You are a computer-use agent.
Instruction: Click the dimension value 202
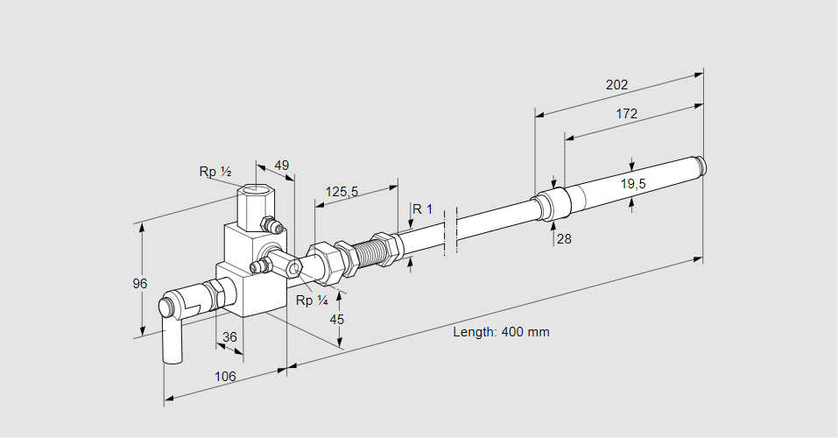pos(616,85)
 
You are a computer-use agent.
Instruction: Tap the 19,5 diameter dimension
pos(633,183)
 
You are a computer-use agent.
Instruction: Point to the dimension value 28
pos(563,238)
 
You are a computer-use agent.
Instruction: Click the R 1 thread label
pos(423,208)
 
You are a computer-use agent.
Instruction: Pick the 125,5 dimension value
pos(342,191)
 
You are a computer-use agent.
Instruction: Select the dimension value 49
pos(281,165)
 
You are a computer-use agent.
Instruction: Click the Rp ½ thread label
pos(215,172)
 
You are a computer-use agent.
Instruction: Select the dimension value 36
pos(229,336)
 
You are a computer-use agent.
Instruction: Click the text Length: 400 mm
pos(501,332)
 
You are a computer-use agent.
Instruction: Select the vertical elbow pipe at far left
pos(172,337)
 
